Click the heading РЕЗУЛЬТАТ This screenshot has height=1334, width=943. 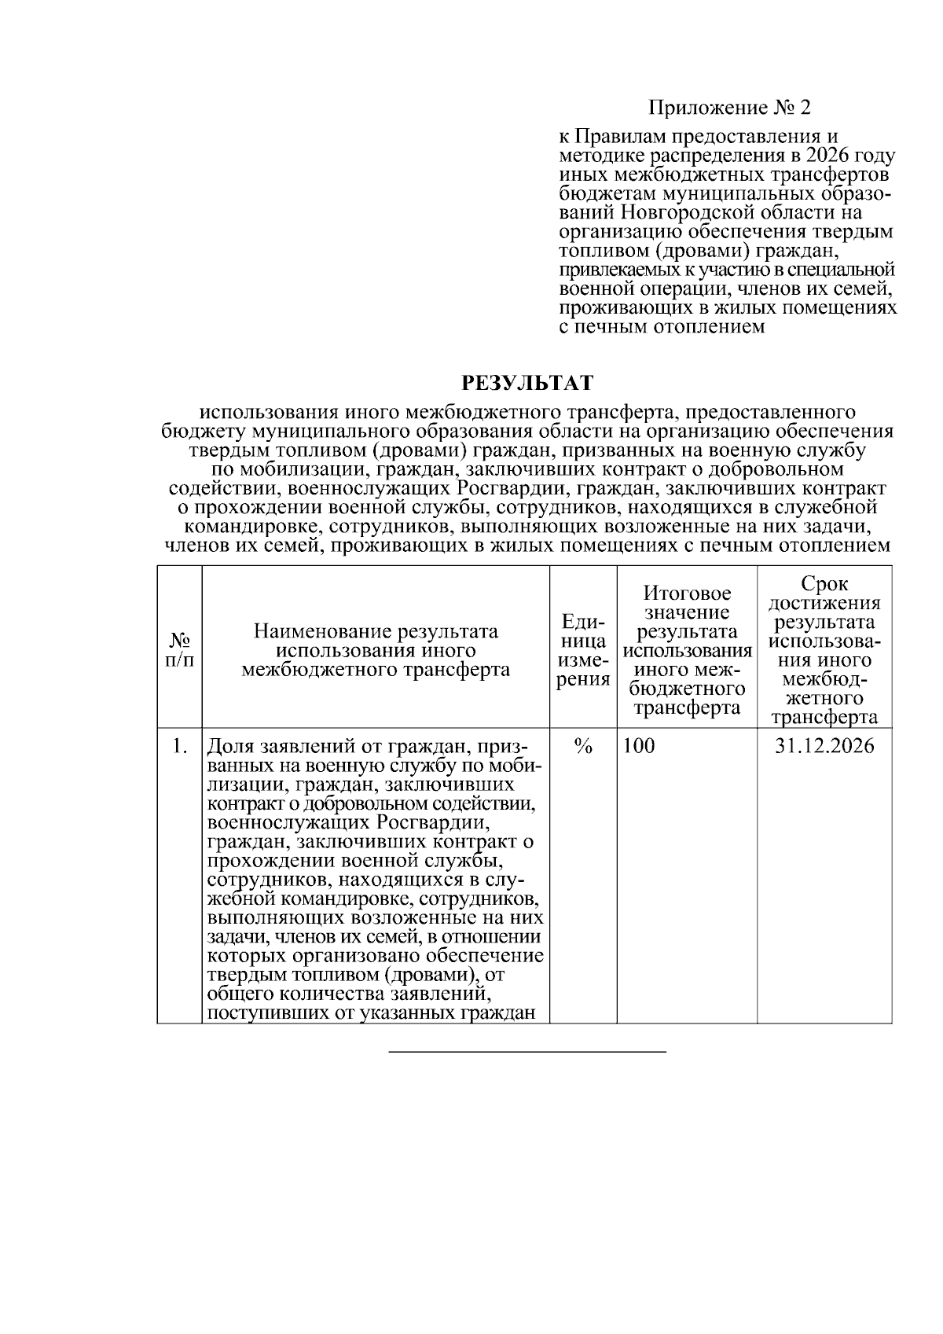527,383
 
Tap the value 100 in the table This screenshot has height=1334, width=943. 638,745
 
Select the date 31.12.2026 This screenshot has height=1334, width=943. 824,745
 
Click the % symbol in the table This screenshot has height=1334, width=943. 582,746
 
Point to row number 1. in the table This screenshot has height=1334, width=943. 180,745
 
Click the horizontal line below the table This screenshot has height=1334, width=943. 527,1051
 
